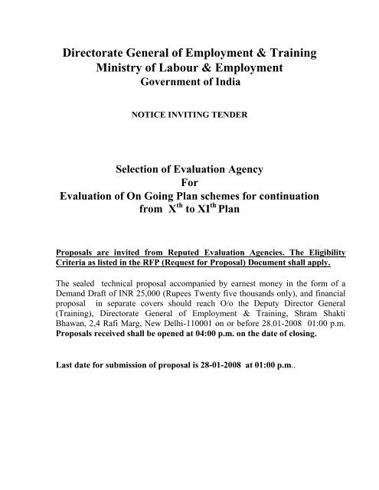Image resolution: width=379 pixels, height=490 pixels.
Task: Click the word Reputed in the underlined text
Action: click(178, 250)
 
